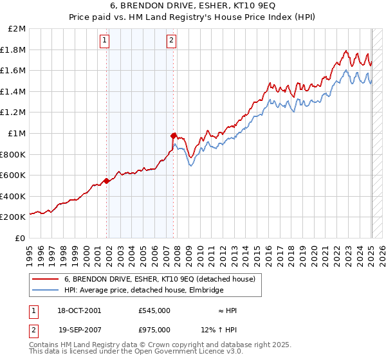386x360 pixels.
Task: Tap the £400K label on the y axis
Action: tap(14, 196)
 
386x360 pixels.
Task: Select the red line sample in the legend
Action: tap(45, 279)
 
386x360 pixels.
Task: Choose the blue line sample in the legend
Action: tap(45, 291)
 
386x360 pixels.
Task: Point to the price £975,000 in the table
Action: tap(154, 330)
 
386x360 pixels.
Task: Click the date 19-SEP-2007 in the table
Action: tap(79, 330)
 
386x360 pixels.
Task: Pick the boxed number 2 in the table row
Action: tap(32, 330)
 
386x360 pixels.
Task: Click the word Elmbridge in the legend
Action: tap(206, 291)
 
